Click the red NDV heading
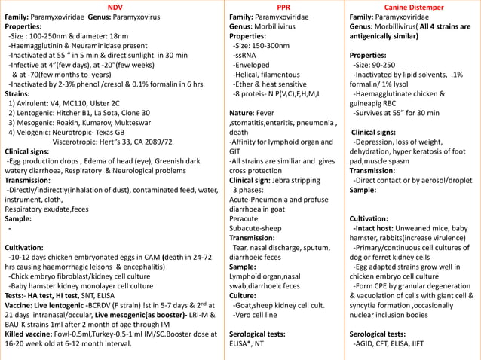click(115, 6)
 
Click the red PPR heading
click(284, 6)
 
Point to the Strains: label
click(19, 93)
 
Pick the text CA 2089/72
click(146, 141)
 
